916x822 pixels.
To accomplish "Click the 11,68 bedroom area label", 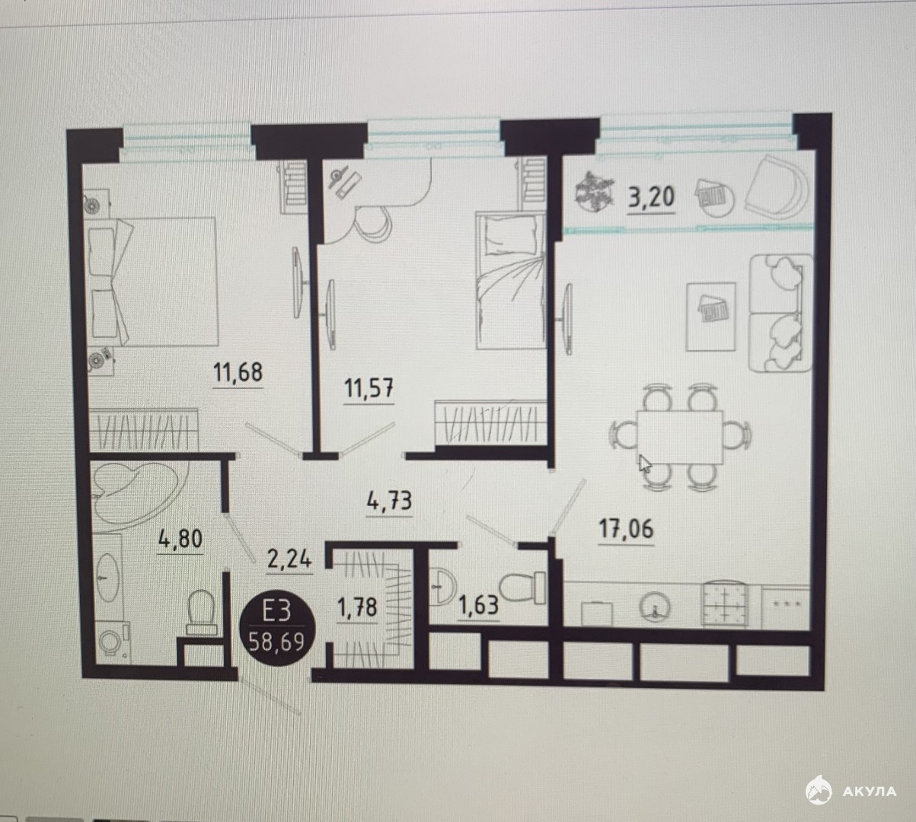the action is (x=238, y=372).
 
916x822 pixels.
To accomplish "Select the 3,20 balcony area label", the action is (x=652, y=196).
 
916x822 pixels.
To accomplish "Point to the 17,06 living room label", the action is (x=626, y=529).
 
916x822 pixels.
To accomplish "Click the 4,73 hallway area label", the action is (x=389, y=501).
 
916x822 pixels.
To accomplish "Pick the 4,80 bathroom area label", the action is (x=180, y=538).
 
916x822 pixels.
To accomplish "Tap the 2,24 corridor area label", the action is (x=289, y=559).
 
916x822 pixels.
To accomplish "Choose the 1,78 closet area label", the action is (x=357, y=608).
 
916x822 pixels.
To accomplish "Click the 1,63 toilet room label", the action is (x=479, y=605).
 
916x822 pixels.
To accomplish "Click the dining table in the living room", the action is (x=680, y=437).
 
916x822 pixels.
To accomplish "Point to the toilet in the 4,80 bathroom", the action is (x=201, y=613).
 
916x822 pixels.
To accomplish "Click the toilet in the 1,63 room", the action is (x=524, y=587).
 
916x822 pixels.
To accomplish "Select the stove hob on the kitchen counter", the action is (x=725, y=604).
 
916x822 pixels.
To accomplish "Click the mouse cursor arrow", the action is (x=644, y=464).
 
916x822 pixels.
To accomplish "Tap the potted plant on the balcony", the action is (x=594, y=192).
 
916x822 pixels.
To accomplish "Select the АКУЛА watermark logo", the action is (x=851, y=791).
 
